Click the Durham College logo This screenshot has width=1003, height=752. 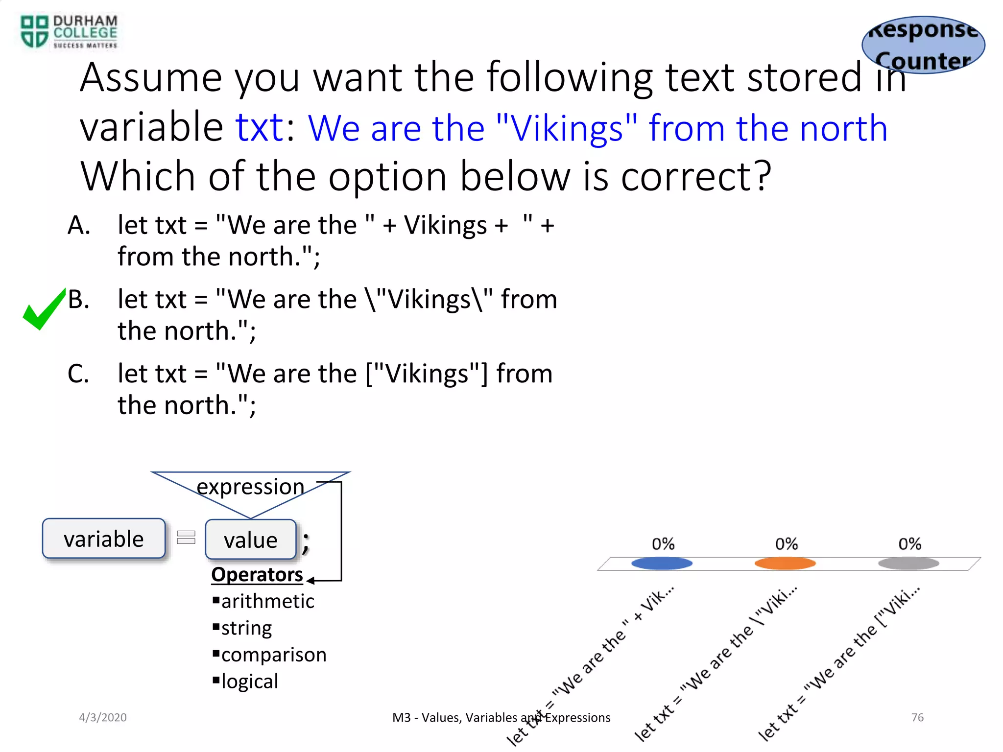[x=69, y=32]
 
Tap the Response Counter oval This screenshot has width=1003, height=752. [x=923, y=45]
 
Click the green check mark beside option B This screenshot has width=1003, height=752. [x=43, y=309]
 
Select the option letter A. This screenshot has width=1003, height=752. [x=79, y=226]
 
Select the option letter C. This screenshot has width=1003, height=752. [x=78, y=374]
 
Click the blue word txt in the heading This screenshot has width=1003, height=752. [x=260, y=128]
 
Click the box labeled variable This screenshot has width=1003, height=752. [x=104, y=539]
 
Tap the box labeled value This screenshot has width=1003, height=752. [x=251, y=540]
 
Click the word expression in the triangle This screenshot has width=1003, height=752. [x=250, y=487]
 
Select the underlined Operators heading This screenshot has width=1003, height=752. [x=257, y=574]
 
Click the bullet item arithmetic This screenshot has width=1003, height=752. [x=267, y=601]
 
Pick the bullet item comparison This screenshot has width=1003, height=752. [x=273, y=655]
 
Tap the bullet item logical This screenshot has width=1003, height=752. [x=249, y=681]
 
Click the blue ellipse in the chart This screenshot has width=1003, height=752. [x=662, y=564]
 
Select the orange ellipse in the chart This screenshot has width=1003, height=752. [x=785, y=564]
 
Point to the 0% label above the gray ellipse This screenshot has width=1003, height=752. [x=909, y=544]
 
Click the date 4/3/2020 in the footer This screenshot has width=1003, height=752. [x=103, y=717]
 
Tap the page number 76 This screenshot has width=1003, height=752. [x=917, y=717]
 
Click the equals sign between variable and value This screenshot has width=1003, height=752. [x=186, y=538]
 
